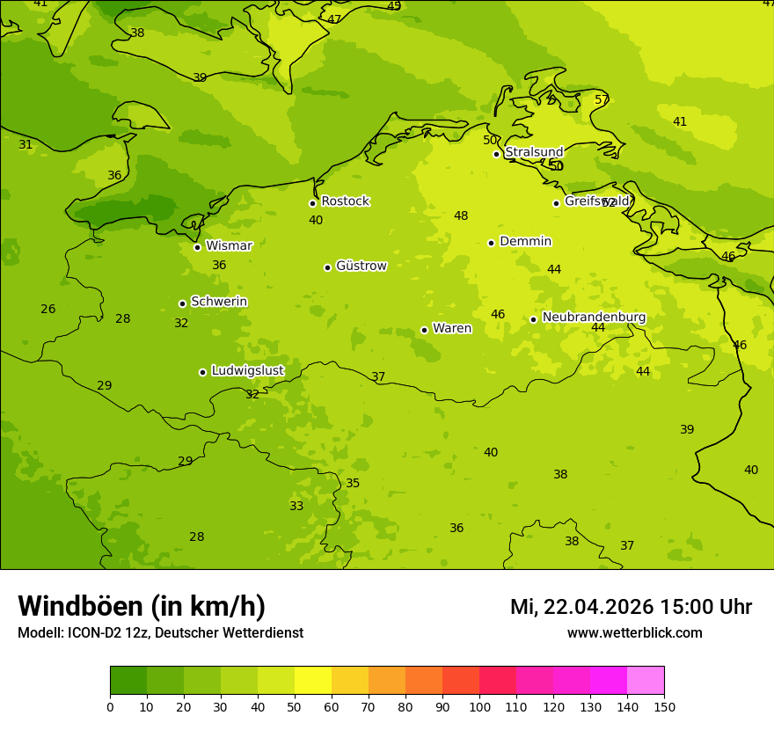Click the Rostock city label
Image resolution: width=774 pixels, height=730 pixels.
pyautogui.click(x=345, y=201)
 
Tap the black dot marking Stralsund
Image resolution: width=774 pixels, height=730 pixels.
pyautogui.click(x=496, y=154)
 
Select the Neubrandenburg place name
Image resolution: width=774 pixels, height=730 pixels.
pyautogui.click(x=594, y=318)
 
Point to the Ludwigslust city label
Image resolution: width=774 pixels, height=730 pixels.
pyautogui.click(x=247, y=371)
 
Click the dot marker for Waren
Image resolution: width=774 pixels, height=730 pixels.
pyautogui.click(x=424, y=330)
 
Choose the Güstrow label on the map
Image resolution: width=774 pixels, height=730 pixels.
pyautogui.click(x=361, y=266)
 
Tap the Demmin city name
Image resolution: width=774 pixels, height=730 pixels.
pyautogui.click(x=525, y=242)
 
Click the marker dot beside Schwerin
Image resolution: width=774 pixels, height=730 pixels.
pyautogui.click(x=182, y=303)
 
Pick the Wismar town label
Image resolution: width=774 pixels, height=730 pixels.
pyautogui.click(x=229, y=245)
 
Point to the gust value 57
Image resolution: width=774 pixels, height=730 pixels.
pyautogui.click(x=602, y=99)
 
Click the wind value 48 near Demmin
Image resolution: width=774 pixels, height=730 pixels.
pyautogui.click(x=461, y=215)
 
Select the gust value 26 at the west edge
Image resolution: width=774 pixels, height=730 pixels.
pyautogui.click(x=48, y=309)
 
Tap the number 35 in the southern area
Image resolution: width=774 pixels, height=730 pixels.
pyautogui.click(x=353, y=483)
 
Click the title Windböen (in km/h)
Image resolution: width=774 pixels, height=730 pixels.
pyautogui.click(x=142, y=606)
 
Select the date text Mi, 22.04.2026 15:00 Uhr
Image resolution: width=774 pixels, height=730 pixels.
pyautogui.click(x=631, y=607)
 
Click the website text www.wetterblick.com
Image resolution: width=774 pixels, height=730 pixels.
pyautogui.click(x=634, y=632)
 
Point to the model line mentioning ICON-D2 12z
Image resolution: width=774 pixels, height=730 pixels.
pyautogui.click(x=160, y=632)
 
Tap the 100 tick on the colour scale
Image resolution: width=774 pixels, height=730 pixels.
pyautogui.click(x=479, y=706)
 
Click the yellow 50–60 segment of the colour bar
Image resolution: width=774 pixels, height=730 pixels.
pyautogui.click(x=313, y=681)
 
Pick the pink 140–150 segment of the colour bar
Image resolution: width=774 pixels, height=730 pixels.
pyautogui.click(x=646, y=681)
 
